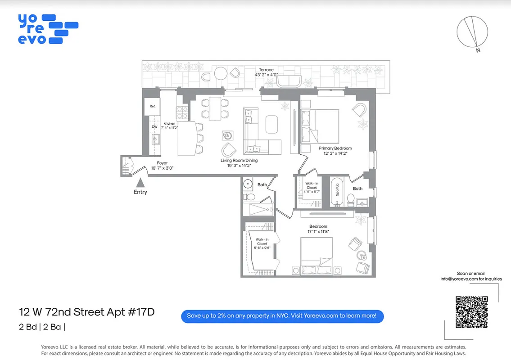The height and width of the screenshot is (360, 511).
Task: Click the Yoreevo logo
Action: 47,29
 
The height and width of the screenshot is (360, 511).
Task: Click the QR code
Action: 471,312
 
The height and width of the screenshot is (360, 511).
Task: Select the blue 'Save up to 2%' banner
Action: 282,316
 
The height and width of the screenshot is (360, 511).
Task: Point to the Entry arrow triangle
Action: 140,183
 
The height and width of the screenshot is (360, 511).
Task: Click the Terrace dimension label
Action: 266,72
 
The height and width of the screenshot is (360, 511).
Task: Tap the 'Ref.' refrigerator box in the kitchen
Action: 153,107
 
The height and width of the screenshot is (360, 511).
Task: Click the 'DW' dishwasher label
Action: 154,127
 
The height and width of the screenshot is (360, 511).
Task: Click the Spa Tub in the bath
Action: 337,192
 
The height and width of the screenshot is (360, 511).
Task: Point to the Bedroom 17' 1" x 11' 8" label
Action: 318,229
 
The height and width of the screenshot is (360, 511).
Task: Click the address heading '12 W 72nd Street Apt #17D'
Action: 86,312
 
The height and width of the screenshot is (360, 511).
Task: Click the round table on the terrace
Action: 221,73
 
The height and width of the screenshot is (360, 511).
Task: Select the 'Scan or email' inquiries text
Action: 471,276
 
